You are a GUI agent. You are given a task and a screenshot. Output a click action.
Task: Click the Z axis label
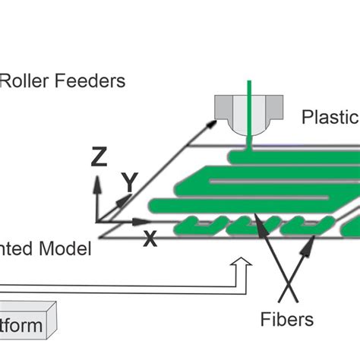pos(99,157)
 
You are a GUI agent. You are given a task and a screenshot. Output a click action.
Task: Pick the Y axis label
pos(130,182)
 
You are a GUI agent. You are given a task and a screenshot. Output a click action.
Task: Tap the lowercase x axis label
pos(150,240)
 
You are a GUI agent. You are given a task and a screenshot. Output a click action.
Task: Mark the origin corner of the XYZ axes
pos(96,220)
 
